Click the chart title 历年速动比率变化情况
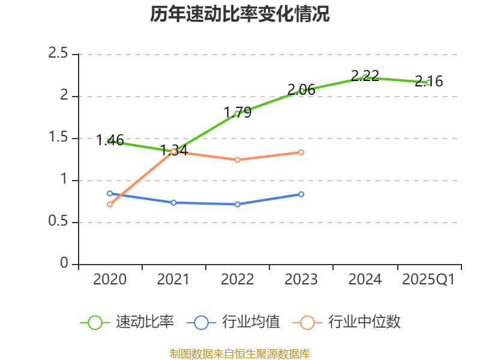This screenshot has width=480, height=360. (239, 14)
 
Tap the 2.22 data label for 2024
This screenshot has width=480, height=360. (365, 76)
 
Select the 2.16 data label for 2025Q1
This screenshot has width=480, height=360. (429, 82)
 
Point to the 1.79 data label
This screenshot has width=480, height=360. (238, 112)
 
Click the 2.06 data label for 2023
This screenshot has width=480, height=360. (301, 90)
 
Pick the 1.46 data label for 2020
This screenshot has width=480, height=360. (110, 141)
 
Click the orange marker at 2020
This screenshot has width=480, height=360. (110, 205)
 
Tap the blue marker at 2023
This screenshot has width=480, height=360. (301, 194)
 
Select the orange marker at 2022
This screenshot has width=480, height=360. (238, 160)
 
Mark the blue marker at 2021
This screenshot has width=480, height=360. (174, 203)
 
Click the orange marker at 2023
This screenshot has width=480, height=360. (301, 152)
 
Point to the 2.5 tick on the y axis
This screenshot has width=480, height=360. (59, 54)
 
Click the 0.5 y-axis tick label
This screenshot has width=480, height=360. (59, 223)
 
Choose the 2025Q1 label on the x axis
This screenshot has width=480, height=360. (428, 280)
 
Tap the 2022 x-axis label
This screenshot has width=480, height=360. (238, 280)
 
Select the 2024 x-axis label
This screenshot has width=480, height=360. (365, 280)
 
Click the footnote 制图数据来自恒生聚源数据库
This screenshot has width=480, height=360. (239, 354)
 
